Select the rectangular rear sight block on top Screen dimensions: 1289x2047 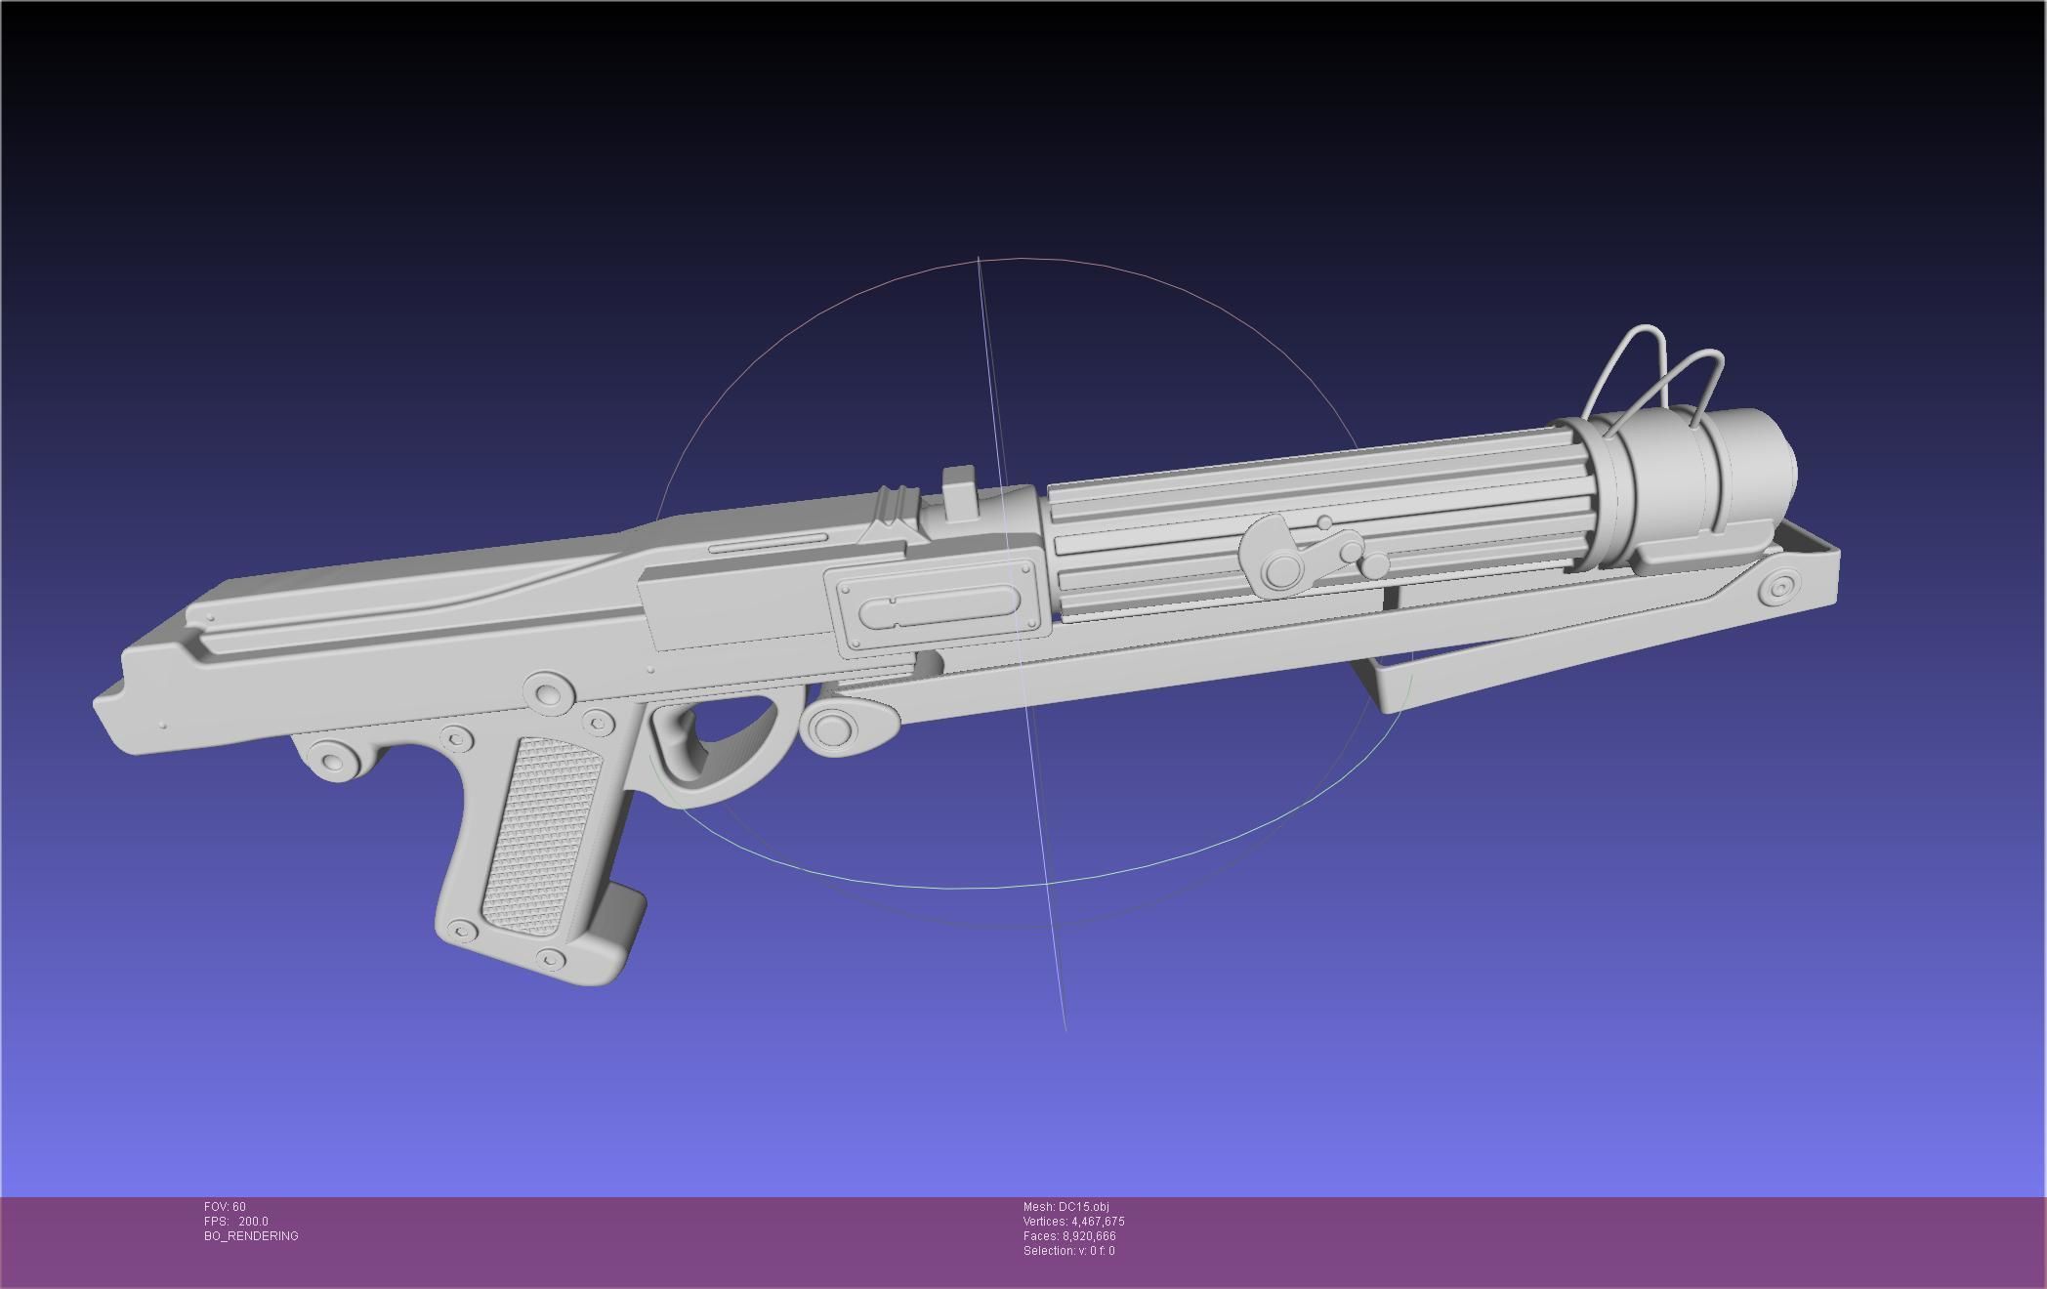(962, 494)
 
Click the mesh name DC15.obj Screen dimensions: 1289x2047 (1065, 1207)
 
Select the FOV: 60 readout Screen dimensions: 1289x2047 (225, 1207)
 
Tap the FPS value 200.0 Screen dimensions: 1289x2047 (252, 1222)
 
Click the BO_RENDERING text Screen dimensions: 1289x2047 (251, 1236)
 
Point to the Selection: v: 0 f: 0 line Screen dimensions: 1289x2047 (1068, 1251)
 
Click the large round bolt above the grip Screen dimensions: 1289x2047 (548, 692)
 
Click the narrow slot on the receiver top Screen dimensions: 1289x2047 (770, 543)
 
